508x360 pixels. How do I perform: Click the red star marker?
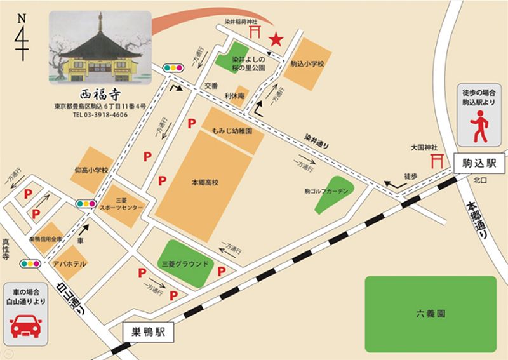(276, 39)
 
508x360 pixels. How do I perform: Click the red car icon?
(26, 326)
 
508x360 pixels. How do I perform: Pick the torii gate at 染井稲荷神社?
(257, 31)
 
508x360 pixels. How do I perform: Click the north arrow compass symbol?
(22, 38)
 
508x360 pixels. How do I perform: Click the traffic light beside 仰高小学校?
(84, 204)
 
